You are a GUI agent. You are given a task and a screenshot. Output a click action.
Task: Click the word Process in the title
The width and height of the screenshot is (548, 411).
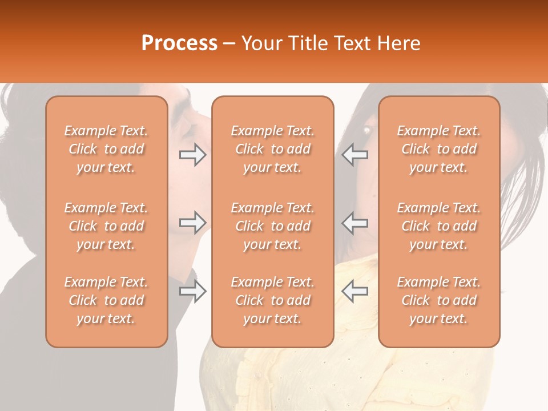[x=179, y=43]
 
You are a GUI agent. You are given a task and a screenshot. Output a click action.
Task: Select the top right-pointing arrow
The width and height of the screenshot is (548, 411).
[x=193, y=155]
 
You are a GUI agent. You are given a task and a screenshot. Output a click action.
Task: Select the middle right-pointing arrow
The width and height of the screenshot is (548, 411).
[x=193, y=223]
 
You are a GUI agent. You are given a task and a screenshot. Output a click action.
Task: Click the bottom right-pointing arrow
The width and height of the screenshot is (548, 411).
[x=193, y=291]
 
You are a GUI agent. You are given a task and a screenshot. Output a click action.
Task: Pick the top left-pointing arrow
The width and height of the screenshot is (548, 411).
[x=354, y=155]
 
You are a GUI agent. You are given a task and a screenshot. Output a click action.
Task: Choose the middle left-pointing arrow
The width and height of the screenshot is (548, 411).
[x=354, y=223]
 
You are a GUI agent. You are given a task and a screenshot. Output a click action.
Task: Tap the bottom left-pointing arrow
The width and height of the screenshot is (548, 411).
[x=354, y=291]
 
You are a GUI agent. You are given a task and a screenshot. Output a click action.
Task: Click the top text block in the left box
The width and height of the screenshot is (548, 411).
[x=106, y=149]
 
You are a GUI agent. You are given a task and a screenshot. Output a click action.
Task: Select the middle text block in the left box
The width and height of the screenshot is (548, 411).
[x=106, y=226]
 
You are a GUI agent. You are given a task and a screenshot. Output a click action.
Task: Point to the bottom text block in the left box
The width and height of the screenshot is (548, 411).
[x=106, y=300]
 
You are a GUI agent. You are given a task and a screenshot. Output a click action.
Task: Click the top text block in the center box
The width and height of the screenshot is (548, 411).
[x=272, y=149]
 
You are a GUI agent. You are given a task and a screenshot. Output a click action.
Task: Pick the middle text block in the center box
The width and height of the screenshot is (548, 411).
[x=272, y=226]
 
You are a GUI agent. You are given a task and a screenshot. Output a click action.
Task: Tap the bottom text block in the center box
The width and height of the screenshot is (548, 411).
[x=272, y=300]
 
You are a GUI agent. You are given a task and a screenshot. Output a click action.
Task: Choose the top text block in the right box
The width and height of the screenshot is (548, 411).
[x=439, y=149]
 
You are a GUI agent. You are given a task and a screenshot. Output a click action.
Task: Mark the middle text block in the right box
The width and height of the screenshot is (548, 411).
[x=439, y=226]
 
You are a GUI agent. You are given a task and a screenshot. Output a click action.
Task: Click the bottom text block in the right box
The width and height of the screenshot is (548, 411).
[x=439, y=300]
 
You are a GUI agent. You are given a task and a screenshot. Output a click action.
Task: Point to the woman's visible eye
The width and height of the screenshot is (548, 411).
[x=366, y=131]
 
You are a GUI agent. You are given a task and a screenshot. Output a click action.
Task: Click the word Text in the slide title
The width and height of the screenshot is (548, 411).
[x=353, y=43]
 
